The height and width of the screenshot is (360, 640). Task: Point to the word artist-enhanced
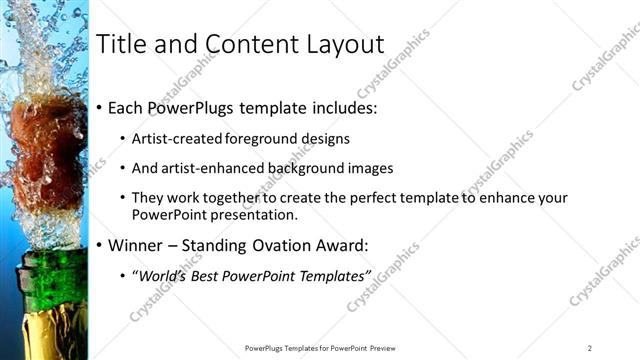pyautogui.click(x=216, y=168)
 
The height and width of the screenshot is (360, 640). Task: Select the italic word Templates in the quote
pyautogui.click(x=334, y=275)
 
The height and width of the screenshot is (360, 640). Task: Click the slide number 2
pyautogui.click(x=589, y=348)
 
